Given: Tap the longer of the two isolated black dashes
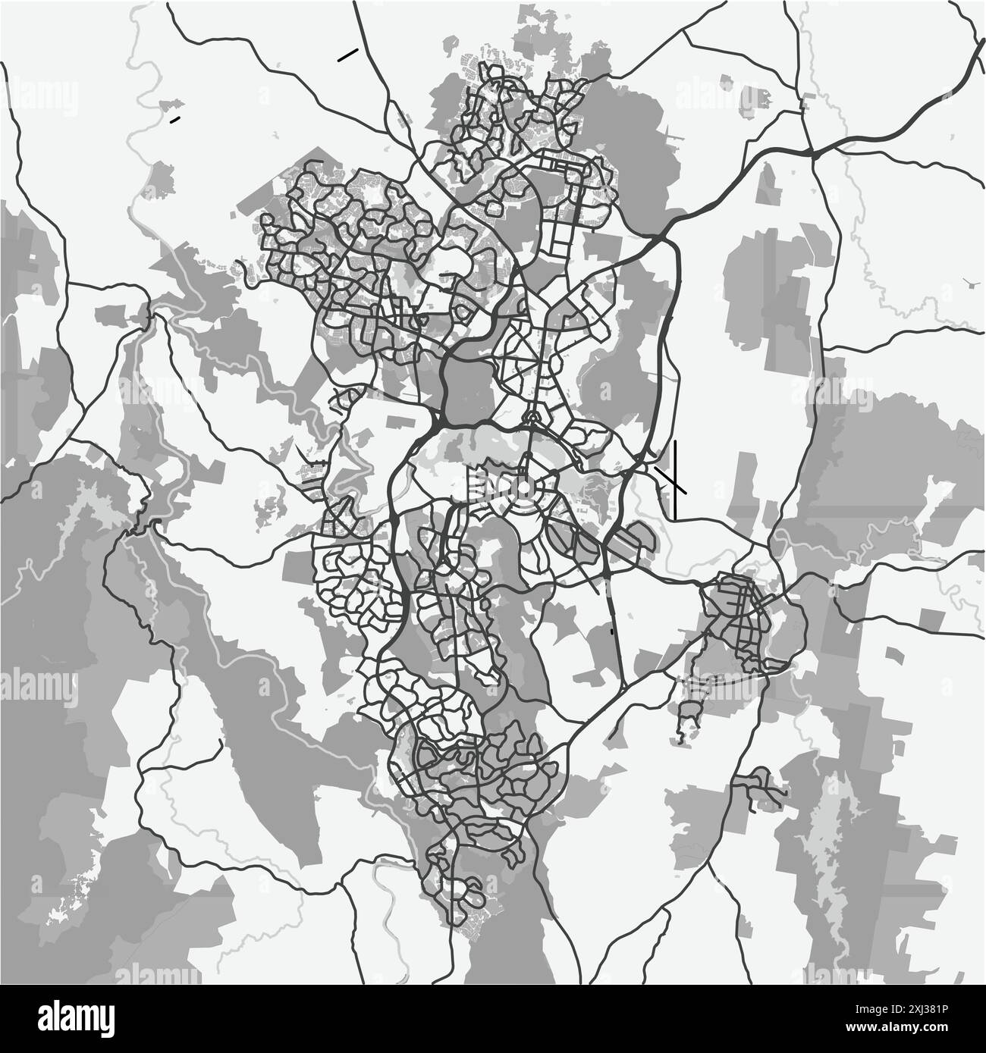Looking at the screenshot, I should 348,54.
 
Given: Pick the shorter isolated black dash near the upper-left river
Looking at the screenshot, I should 175,119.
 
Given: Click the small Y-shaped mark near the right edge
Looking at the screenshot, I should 973,283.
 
